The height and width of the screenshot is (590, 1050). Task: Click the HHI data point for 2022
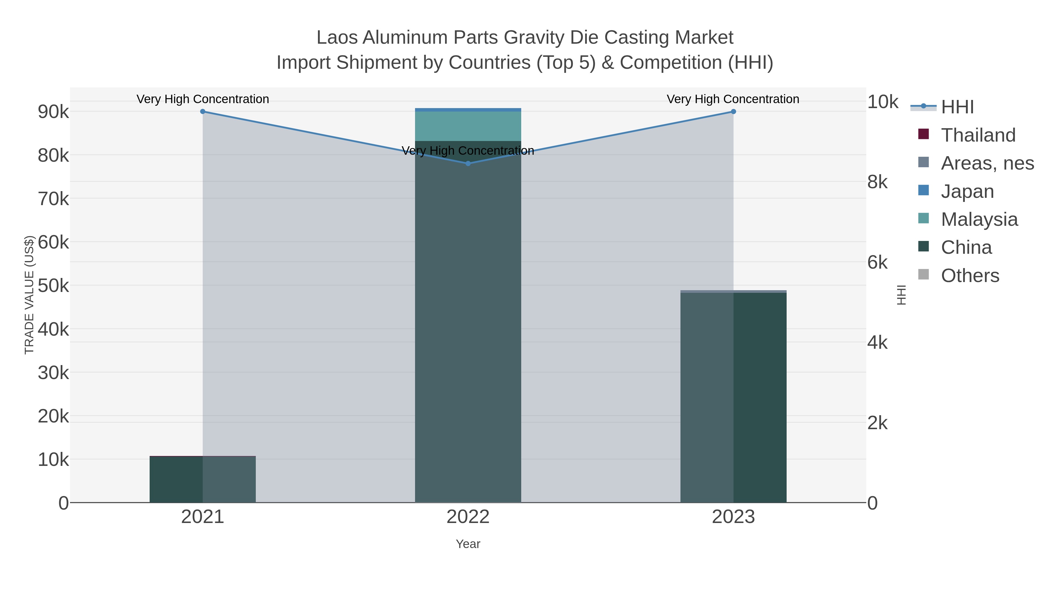tap(468, 163)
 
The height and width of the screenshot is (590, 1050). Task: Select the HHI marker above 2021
tap(203, 112)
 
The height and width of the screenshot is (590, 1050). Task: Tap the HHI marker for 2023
tap(733, 112)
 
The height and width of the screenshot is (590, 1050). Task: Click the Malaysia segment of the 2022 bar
tap(468, 126)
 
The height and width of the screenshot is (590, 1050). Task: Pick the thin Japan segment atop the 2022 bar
tap(468, 110)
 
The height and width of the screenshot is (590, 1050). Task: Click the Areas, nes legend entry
tap(987, 163)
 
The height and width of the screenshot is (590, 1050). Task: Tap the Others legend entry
tap(970, 276)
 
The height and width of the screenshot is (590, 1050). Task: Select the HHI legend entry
tap(957, 107)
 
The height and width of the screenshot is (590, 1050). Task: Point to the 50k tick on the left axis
tap(53, 286)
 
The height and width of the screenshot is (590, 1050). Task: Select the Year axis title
tap(468, 544)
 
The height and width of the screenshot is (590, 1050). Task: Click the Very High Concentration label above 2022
tap(468, 151)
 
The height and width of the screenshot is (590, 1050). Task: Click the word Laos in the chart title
tap(337, 38)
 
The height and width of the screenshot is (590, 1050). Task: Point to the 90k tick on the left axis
tap(53, 112)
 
